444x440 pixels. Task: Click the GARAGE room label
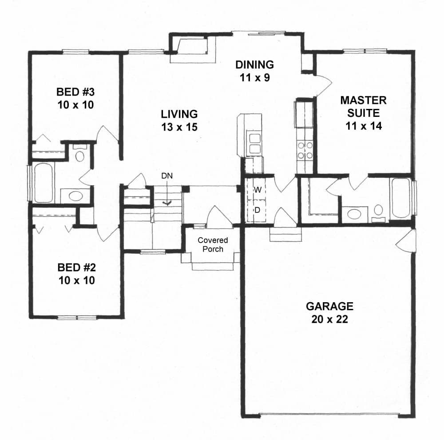click(x=329, y=306)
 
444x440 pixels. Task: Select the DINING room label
click(x=254, y=65)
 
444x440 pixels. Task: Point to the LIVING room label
click(x=179, y=114)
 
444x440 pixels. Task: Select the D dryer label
click(x=257, y=210)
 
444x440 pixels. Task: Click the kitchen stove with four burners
click(x=305, y=150)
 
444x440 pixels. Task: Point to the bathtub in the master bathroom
click(x=401, y=198)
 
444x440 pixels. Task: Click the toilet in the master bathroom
click(x=378, y=211)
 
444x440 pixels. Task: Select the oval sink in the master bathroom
click(x=354, y=214)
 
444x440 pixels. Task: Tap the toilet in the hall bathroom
click(x=80, y=154)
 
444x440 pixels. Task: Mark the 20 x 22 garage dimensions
click(x=329, y=319)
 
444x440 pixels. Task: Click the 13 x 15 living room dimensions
click(x=179, y=127)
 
